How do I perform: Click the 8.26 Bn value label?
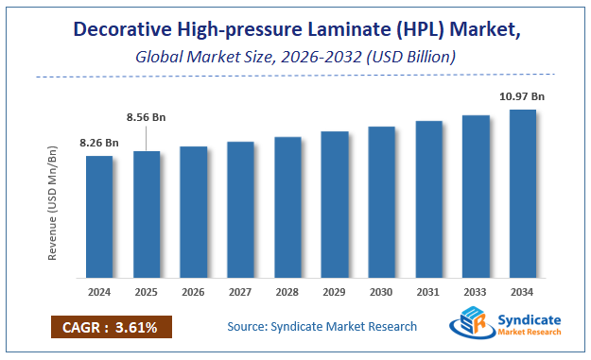pos(98,143)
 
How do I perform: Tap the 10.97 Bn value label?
pos(523,95)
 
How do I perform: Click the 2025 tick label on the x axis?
pos(147,293)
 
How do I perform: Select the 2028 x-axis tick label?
pos(287,293)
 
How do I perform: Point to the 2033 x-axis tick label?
pos(476,293)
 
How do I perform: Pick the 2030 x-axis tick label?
pos(382,293)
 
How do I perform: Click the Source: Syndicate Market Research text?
pos(322,327)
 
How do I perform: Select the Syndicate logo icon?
pos(470,325)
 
